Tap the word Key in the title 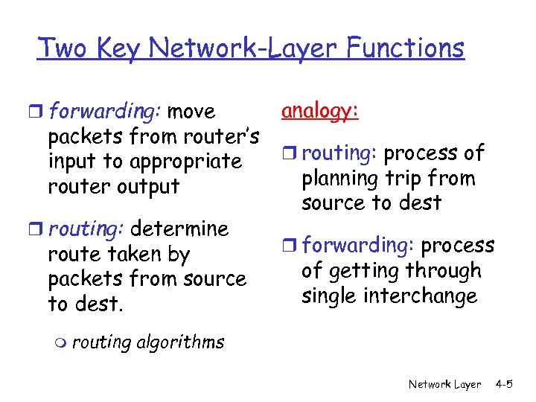point(117,48)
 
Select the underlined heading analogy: point(320,111)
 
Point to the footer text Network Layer point(444,384)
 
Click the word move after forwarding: point(191,112)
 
